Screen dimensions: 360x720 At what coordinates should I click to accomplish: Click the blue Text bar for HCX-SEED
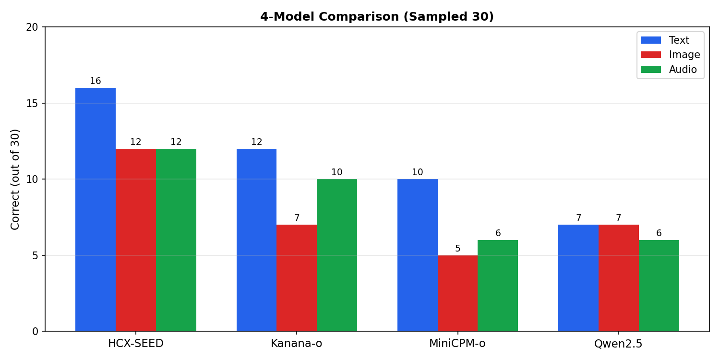coord(96,209)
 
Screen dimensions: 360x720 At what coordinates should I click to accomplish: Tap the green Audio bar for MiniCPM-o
coord(498,285)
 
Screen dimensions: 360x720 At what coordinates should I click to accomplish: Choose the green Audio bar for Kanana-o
coord(337,255)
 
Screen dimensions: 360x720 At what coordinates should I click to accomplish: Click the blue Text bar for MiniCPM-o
coord(418,255)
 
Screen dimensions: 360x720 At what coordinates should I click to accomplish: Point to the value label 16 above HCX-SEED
coord(96,81)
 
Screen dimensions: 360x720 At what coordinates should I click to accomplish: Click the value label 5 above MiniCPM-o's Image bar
coord(457,249)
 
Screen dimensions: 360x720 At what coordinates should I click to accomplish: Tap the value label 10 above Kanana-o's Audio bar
coord(337,172)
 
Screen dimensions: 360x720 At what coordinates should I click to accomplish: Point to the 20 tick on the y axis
coord(32,27)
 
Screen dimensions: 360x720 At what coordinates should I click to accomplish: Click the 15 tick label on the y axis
coord(32,103)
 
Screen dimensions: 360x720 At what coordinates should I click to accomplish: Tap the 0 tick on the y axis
coord(35,331)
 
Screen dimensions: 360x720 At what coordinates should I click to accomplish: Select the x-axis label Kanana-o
coord(297,344)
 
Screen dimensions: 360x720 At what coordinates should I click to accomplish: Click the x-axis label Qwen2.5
coord(618,344)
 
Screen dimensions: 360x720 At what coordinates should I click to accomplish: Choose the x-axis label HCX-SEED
coord(136,344)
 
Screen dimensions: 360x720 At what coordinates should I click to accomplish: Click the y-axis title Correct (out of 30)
coord(15,179)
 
